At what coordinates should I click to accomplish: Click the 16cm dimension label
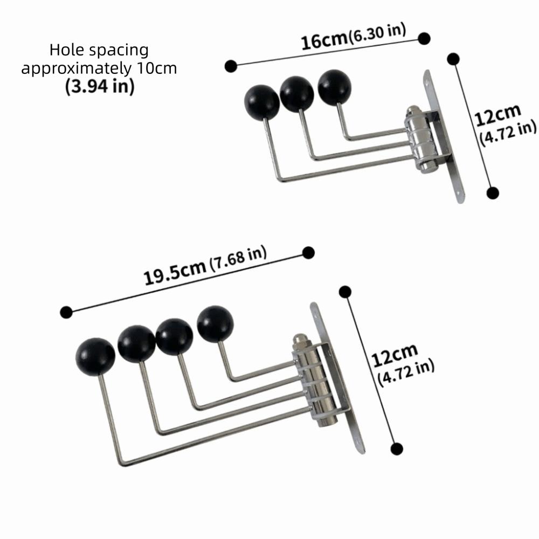point(324,40)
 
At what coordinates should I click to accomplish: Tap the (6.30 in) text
point(377,33)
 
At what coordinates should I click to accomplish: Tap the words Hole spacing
point(99,50)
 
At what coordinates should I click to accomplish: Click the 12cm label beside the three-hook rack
point(497,114)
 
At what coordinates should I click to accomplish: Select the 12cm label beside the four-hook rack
point(395,354)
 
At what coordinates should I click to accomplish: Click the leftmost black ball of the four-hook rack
point(95,357)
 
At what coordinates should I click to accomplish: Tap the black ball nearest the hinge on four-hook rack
point(215,323)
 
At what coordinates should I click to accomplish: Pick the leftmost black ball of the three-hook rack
point(262,102)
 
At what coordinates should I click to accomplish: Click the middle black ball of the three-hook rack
point(296,94)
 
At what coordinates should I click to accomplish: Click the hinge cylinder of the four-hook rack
point(314,381)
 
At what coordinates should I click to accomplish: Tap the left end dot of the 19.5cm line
point(66,312)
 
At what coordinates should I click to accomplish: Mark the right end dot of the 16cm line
point(424,38)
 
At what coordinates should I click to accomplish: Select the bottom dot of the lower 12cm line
point(397,448)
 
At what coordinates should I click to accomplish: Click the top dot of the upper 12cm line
point(453,59)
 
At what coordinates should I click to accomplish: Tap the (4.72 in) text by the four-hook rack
point(406,374)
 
